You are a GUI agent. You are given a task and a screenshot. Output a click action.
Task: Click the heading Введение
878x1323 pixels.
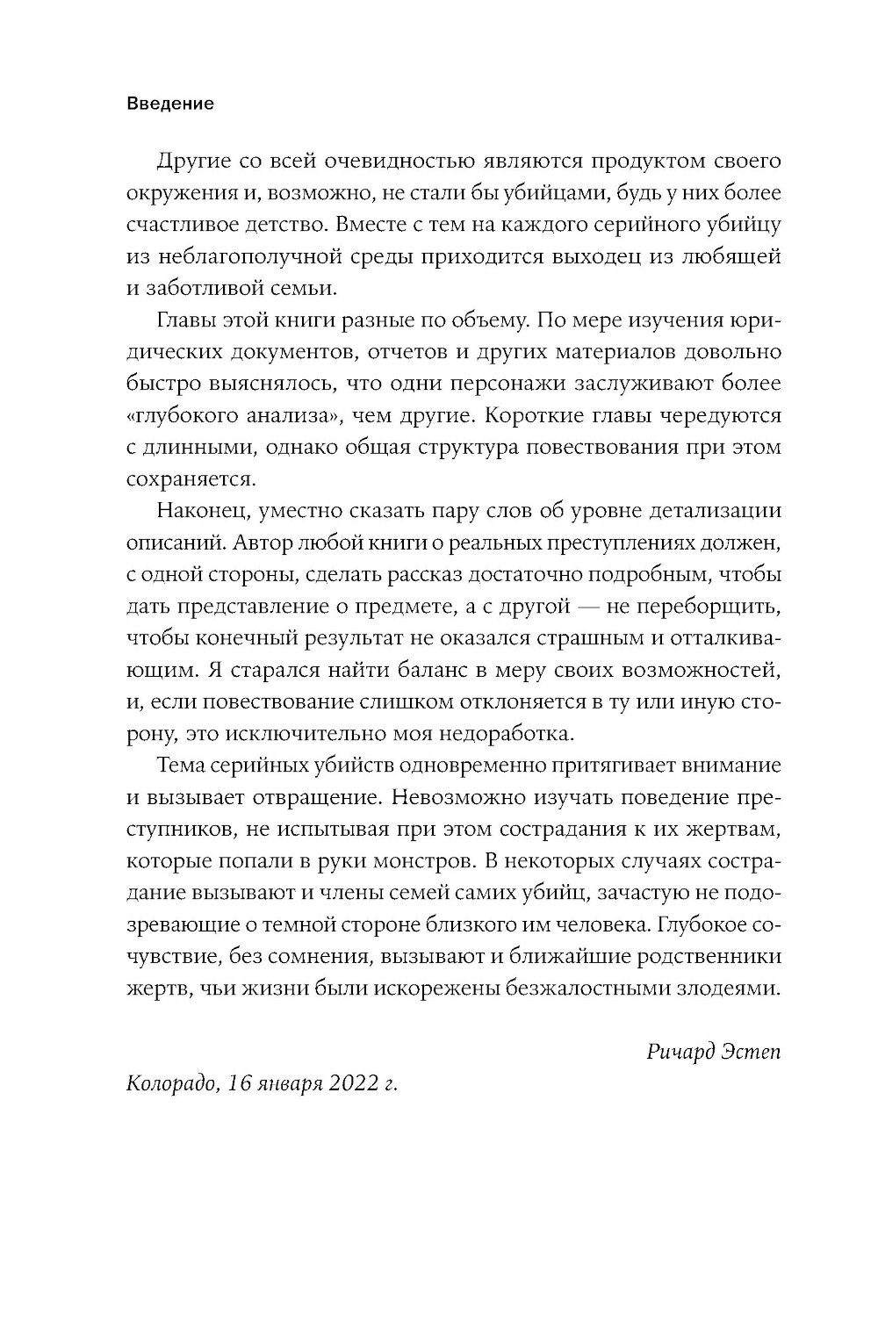(170, 104)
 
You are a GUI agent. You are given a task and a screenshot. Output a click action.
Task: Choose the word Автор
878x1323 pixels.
(260, 543)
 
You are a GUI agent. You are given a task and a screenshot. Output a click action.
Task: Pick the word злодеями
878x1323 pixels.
(725, 988)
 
